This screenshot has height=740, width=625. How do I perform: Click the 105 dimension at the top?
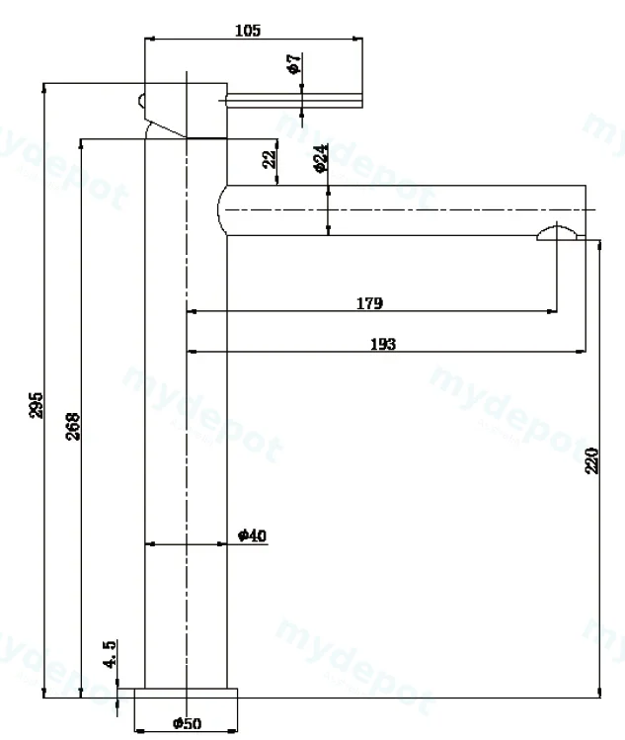pos(248,31)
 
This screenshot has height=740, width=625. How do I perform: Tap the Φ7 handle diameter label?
pos(293,63)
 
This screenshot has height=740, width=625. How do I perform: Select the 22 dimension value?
pos(270,159)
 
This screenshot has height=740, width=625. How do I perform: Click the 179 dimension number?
pos(369,303)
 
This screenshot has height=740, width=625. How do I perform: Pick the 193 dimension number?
pos(382,344)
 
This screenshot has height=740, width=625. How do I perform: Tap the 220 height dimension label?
pos(591,460)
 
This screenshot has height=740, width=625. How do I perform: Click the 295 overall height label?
pos(36,405)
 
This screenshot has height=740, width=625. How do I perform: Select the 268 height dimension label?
pos(73,426)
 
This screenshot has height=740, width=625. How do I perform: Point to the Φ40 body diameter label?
pos(253,535)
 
